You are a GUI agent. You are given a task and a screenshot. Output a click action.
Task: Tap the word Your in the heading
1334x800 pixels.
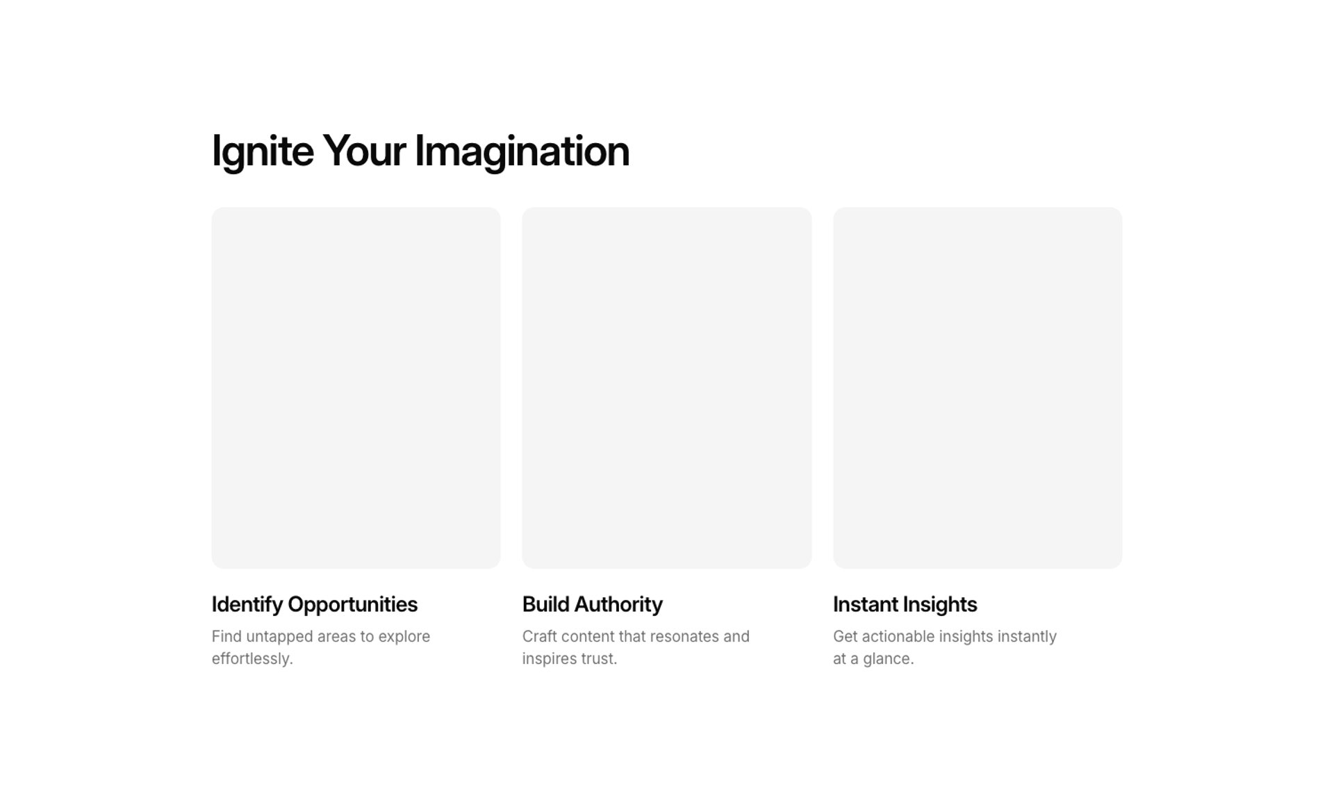(x=364, y=151)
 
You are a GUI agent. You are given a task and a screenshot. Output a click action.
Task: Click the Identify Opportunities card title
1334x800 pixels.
(x=315, y=605)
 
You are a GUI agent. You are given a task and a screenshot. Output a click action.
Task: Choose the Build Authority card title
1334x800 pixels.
(x=593, y=605)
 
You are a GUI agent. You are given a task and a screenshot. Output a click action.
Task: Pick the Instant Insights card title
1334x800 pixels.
(x=905, y=605)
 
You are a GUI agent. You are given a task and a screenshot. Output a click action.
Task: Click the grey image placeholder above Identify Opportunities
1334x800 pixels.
(x=356, y=388)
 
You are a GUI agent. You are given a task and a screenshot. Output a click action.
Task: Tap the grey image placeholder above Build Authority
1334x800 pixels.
(x=667, y=388)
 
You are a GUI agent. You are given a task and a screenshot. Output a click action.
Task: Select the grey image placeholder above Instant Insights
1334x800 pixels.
(x=978, y=388)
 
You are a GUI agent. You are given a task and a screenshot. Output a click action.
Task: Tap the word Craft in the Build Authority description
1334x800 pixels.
(x=540, y=637)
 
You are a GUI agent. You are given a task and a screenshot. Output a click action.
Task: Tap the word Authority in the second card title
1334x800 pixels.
(x=618, y=605)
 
